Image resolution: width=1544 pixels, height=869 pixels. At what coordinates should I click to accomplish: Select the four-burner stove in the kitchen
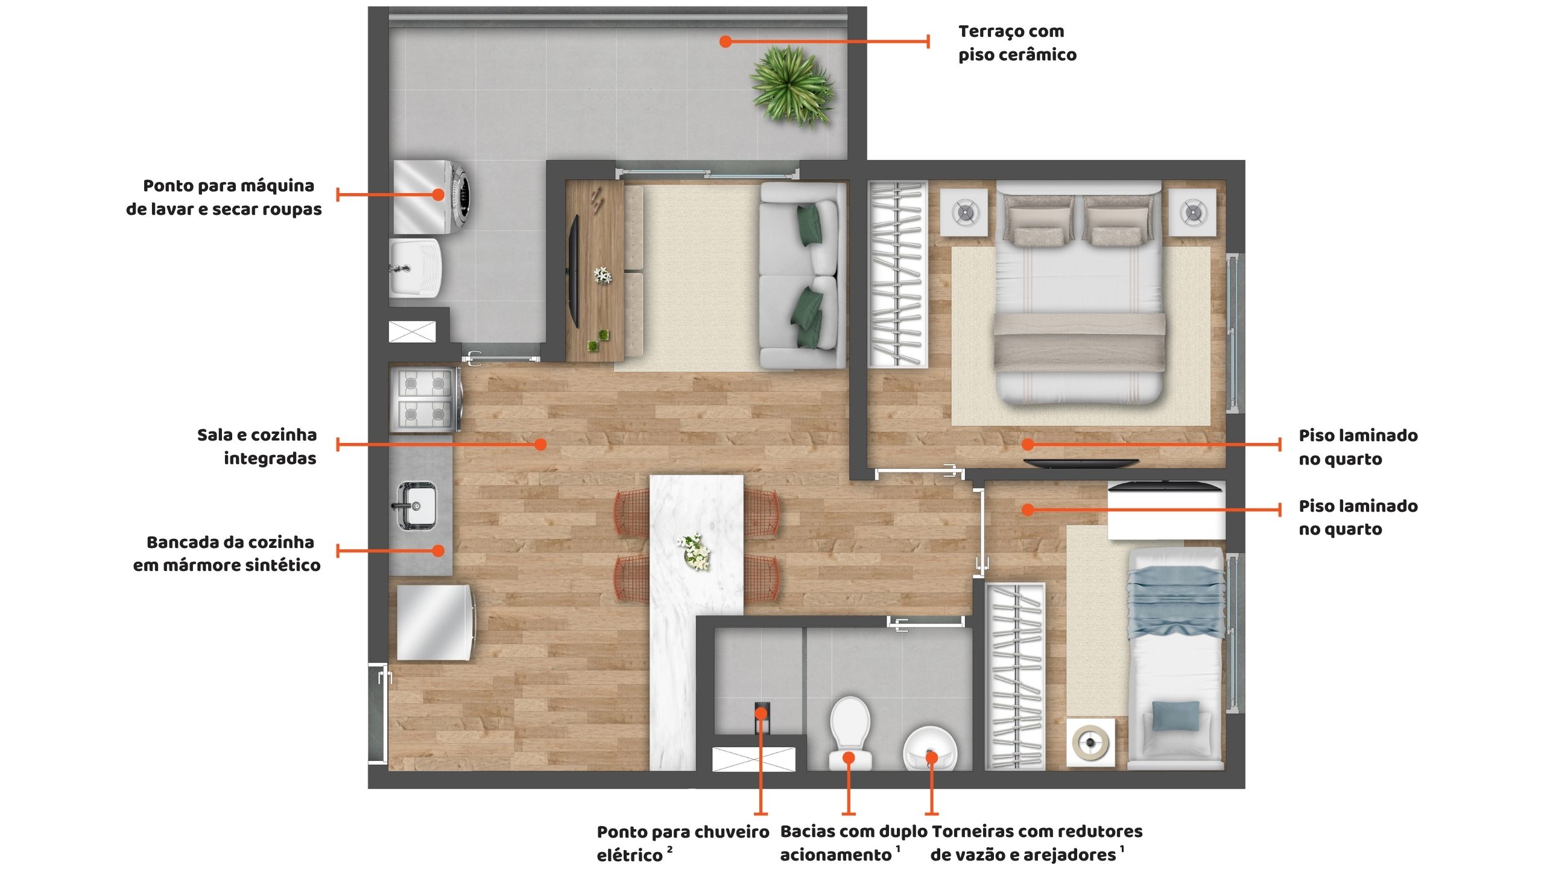(425, 399)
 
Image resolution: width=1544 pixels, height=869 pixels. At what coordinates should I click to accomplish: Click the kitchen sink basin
(415, 506)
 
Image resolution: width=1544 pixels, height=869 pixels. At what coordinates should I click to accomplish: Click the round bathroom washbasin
(929, 749)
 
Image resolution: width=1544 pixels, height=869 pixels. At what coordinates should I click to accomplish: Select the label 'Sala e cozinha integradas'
(257, 447)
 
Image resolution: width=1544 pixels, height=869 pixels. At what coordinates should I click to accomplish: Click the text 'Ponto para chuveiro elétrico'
(683, 843)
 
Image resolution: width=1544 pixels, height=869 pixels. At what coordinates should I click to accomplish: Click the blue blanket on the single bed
(1175, 603)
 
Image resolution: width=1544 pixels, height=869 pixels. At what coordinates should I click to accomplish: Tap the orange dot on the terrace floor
(726, 42)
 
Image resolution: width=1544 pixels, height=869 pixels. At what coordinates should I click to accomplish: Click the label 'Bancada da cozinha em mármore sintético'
(227, 553)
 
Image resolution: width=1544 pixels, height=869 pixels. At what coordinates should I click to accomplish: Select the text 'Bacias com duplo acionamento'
(854, 843)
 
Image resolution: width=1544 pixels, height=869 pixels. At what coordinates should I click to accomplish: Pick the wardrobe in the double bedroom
(897, 274)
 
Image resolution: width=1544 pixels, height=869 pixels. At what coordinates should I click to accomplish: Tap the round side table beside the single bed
(1090, 742)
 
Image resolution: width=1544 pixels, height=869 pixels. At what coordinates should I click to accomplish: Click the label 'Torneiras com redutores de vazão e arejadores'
(1036, 843)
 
